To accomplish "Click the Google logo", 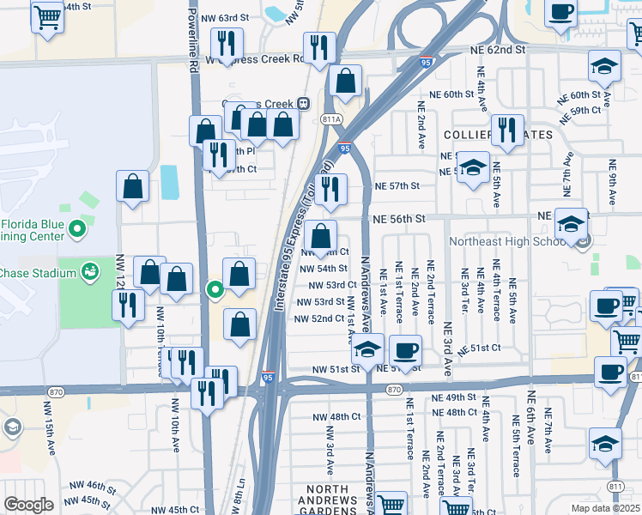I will click(28, 505).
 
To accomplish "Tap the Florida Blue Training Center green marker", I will click(77, 229).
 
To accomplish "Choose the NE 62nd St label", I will click(497, 51).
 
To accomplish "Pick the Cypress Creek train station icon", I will click(303, 103).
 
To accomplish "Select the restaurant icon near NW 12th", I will click(128, 304).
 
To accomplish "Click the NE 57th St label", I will click(397, 185).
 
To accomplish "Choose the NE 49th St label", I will click(453, 398).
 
